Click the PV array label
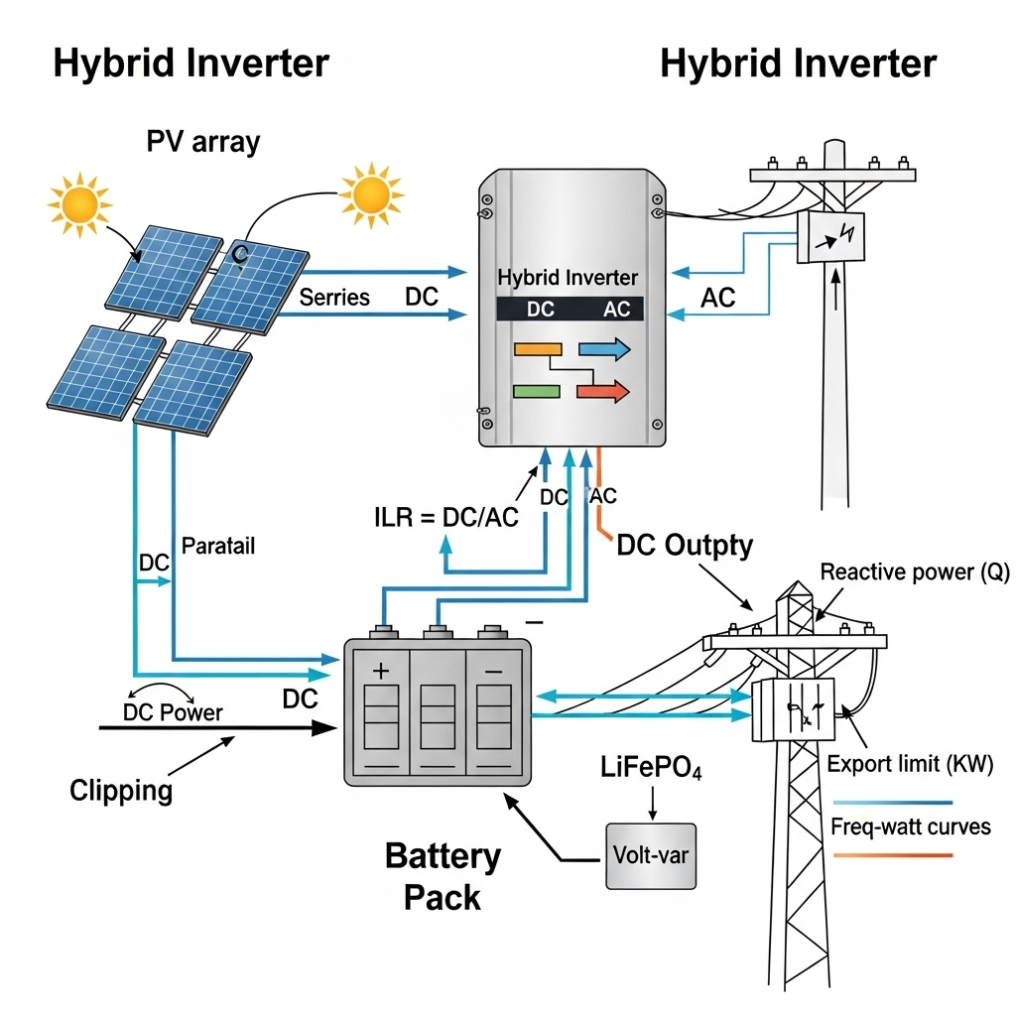(x=202, y=141)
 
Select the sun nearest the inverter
(x=371, y=191)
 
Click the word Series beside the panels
(x=334, y=297)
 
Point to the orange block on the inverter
(x=538, y=348)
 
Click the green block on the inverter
(x=536, y=391)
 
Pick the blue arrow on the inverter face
(x=604, y=348)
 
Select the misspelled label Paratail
(x=218, y=546)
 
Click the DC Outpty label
(x=685, y=545)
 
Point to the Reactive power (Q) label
(x=913, y=572)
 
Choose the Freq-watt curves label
(x=910, y=826)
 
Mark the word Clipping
(x=121, y=790)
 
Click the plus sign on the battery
(x=381, y=672)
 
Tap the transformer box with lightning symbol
(x=830, y=237)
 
